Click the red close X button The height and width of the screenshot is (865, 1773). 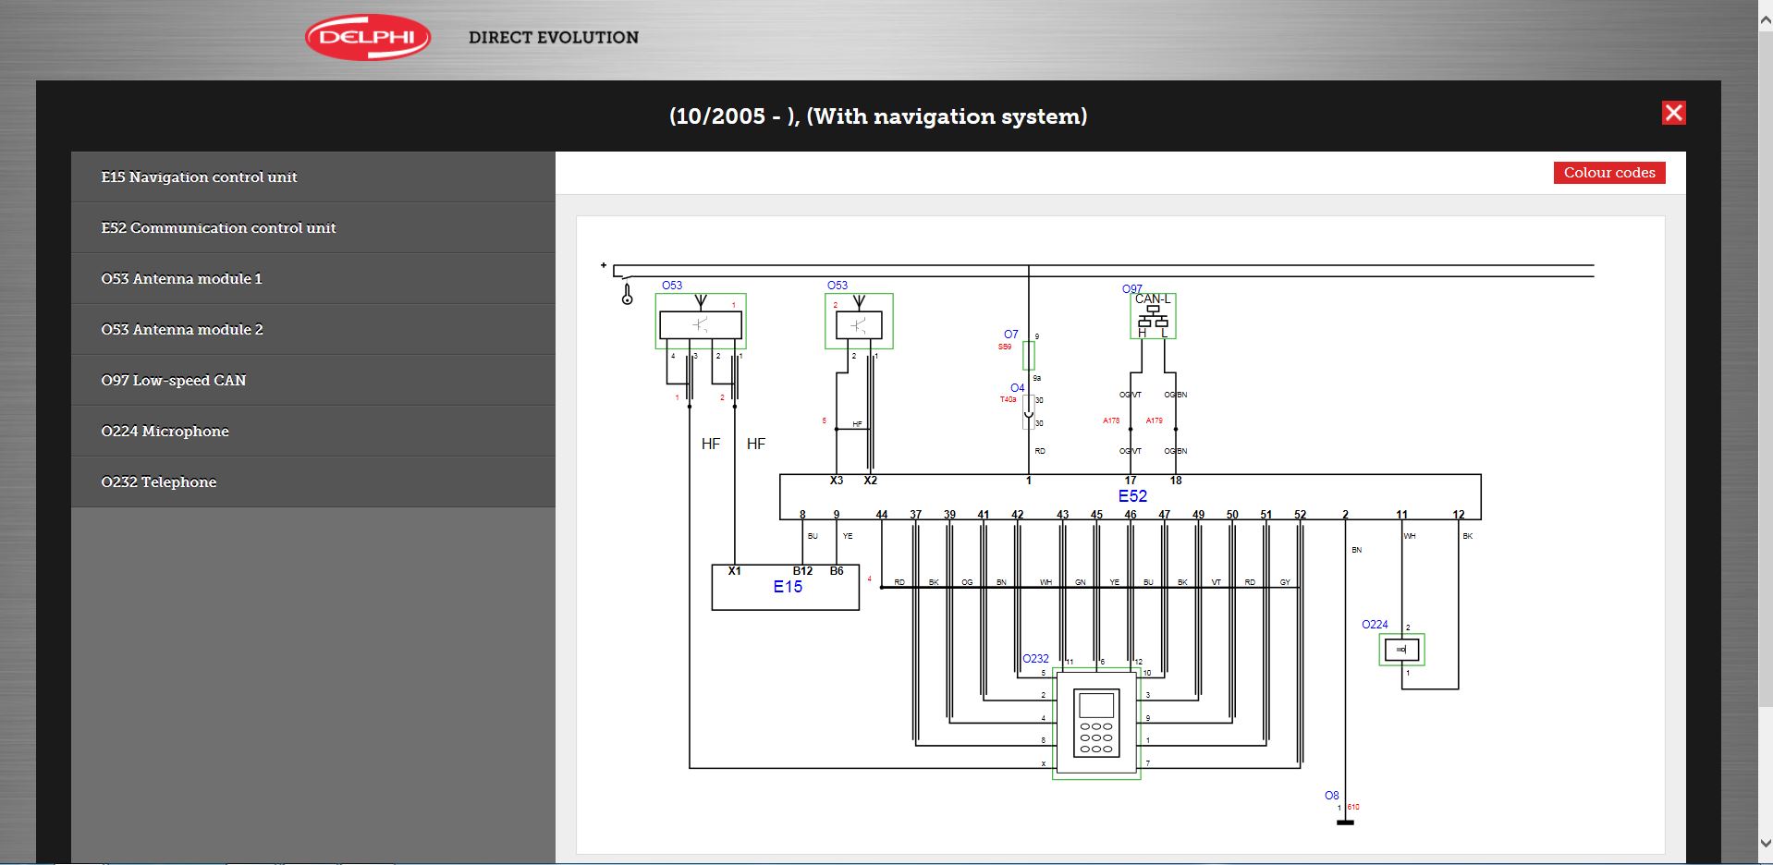point(1673,113)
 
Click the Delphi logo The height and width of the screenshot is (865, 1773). point(368,37)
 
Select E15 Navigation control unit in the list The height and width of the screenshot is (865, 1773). point(199,177)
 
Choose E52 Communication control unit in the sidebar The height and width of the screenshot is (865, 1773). point(218,228)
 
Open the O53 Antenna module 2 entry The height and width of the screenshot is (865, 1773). point(182,330)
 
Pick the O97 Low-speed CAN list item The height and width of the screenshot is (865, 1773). point(174,381)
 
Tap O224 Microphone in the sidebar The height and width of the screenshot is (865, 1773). point(165,432)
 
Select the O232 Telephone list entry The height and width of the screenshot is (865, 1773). point(159,482)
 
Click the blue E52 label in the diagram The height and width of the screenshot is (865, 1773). point(1132,496)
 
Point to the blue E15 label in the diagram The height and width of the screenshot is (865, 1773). point(788,587)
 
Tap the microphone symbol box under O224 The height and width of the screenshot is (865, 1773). point(1401,650)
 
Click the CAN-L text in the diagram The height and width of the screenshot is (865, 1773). point(1153,299)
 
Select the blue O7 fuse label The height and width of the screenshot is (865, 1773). point(1010,335)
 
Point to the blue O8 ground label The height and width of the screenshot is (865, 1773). point(1331,796)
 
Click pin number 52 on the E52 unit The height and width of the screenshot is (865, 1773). point(1300,515)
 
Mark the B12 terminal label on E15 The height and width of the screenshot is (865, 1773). point(802,571)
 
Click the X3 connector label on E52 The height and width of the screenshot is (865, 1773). point(836,481)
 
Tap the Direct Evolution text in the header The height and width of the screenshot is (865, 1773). point(553,38)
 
